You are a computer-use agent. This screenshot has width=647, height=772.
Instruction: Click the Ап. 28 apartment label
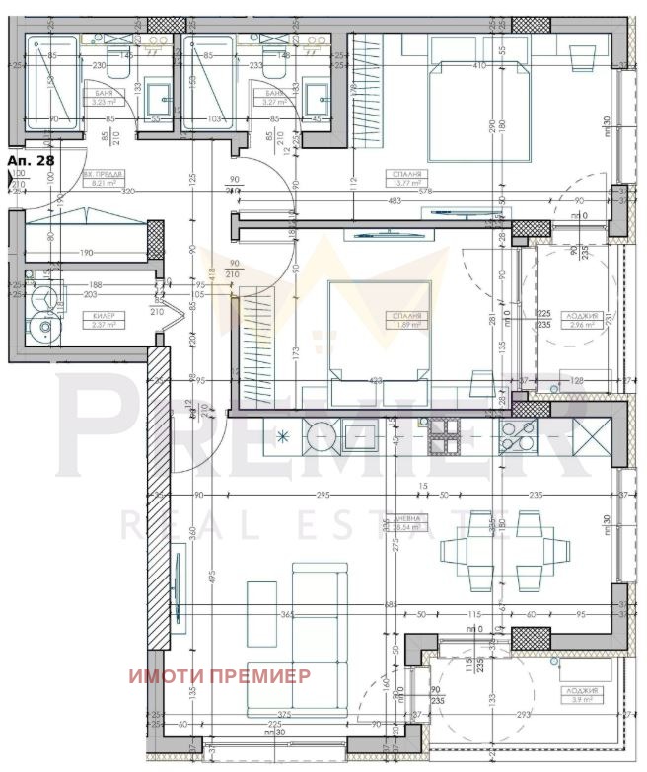point(30,158)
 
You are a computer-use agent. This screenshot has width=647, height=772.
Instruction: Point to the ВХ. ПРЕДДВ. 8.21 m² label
point(104,179)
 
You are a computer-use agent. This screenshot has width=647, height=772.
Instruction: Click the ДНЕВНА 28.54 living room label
point(407,522)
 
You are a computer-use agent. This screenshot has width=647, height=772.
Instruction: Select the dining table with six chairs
point(496,551)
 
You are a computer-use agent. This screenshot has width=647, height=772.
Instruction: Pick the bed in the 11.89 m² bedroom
point(380,331)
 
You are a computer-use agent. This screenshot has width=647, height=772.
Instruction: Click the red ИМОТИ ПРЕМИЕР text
point(219,676)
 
